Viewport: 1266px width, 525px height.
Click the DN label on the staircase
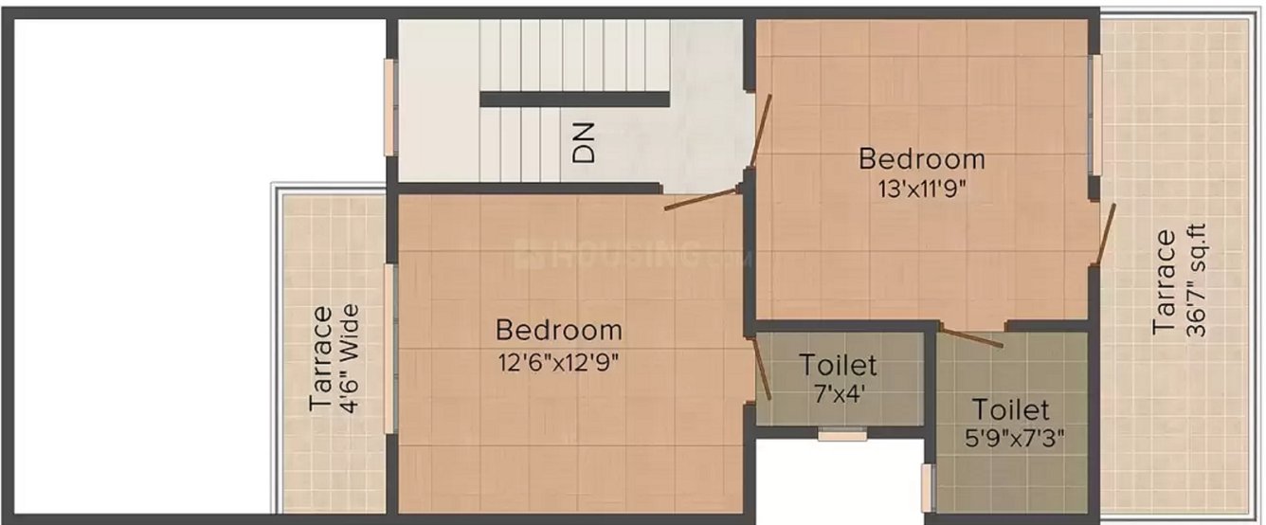point(586,142)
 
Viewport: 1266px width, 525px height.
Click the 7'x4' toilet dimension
point(837,392)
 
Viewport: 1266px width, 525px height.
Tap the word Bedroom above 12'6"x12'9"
point(559,331)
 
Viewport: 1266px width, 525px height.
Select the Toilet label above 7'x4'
point(838,364)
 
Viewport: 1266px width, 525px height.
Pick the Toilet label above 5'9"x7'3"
point(1011,410)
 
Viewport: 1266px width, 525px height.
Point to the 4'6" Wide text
point(350,358)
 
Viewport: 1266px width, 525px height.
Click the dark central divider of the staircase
point(574,99)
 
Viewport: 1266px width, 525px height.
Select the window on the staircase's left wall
point(389,106)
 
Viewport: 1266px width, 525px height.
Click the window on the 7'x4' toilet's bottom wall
point(841,436)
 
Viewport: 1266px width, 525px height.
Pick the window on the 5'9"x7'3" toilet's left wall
point(927,487)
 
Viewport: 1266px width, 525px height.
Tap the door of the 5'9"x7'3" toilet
point(972,336)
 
